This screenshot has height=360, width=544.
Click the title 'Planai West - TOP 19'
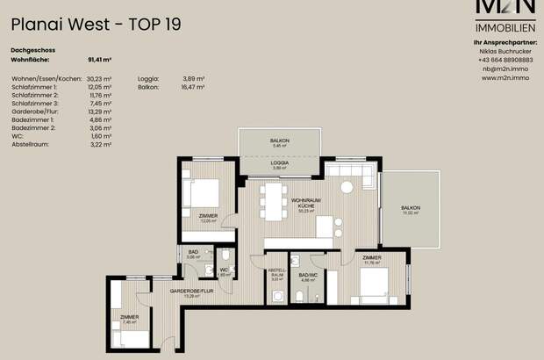(97, 25)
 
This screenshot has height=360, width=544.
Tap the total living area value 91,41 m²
(99, 61)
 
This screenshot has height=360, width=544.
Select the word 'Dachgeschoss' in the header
(32, 51)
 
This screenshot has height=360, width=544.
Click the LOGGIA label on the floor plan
(279, 163)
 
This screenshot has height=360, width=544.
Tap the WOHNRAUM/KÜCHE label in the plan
(306, 204)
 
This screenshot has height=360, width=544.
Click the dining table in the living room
(274, 201)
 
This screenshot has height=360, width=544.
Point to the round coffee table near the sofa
(347, 186)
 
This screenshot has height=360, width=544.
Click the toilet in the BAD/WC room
(299, 297)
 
